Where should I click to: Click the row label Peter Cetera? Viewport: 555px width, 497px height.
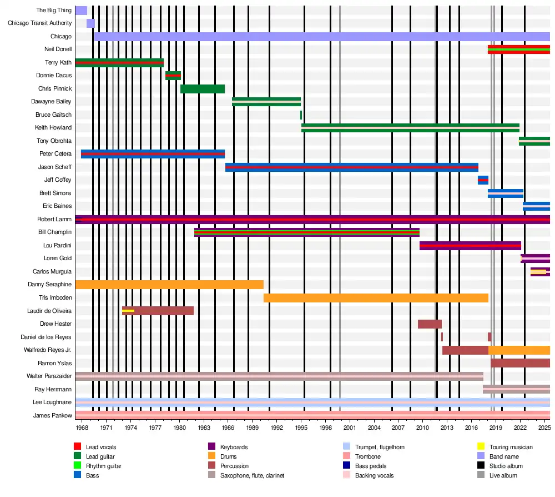[55, 154]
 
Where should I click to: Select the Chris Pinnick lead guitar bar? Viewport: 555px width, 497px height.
[203, 89]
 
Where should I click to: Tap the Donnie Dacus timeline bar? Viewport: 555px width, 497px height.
[173, 76]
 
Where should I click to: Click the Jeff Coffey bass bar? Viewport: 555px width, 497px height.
[483, 180]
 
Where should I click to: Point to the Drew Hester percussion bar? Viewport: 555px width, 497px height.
[430, 324]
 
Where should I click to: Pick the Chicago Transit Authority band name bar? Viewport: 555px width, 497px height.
[90, 23]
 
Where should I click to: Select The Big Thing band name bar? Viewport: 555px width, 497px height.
[81, 11]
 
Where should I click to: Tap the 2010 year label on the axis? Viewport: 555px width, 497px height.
[423, 428]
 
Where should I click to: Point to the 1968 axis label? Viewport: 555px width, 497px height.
[82, 428]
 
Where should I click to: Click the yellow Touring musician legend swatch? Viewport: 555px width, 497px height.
[481, 447]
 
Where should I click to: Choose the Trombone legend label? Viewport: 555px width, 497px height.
[368, 456]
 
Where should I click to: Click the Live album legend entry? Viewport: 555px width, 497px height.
[503, 475]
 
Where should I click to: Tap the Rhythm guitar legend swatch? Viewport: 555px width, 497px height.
[78, 466]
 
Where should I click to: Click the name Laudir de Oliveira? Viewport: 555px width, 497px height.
[49, 311]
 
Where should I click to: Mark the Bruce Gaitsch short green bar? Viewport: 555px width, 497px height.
[301, 115]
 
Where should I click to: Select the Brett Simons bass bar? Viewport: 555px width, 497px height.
[506, 193]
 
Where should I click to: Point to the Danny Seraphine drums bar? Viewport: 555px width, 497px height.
[169, 285]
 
